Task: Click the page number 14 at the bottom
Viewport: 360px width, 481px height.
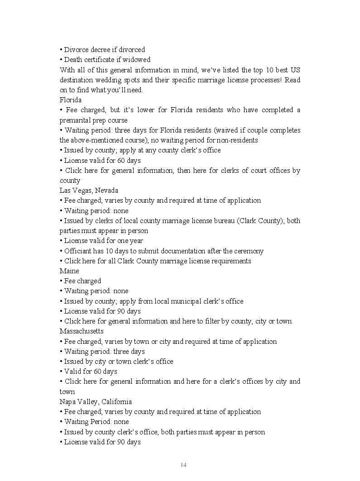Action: [183, 465]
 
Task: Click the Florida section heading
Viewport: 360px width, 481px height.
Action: [70, 100]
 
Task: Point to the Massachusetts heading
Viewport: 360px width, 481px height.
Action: [82, 331]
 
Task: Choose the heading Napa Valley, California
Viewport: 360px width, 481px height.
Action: [96, 401]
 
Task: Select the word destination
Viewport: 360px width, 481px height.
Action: [77, 80]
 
